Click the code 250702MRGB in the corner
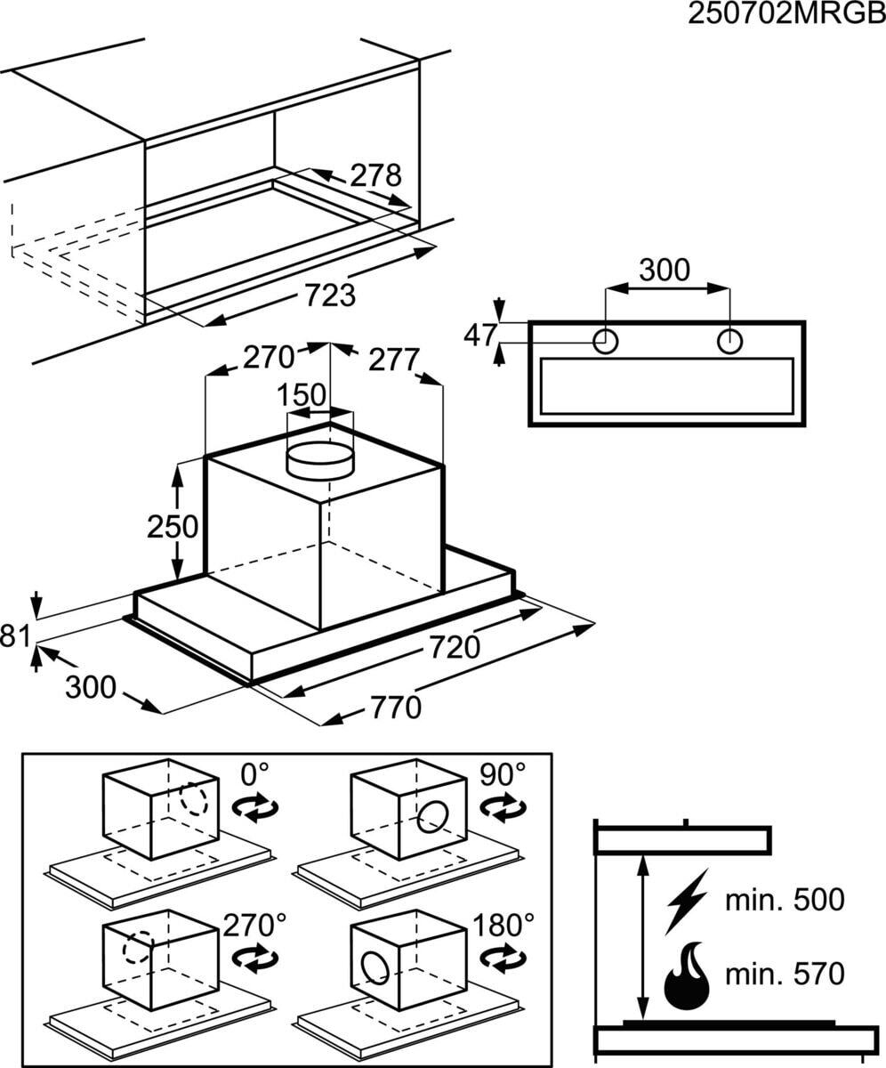[786, 14]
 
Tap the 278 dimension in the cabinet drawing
[375, 175]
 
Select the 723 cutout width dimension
[330, 295]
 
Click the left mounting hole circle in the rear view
[605, 341]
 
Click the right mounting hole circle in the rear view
[729, 341]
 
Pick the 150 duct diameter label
[302, 394]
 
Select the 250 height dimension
[173, 526]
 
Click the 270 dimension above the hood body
[269, 357]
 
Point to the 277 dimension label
[394, 360]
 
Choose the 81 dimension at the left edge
[15, 636]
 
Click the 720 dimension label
[454, 646]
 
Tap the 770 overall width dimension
[396, 708]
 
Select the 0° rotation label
[254, 774]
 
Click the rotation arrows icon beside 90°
[503, 807]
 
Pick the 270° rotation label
[255, 925]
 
